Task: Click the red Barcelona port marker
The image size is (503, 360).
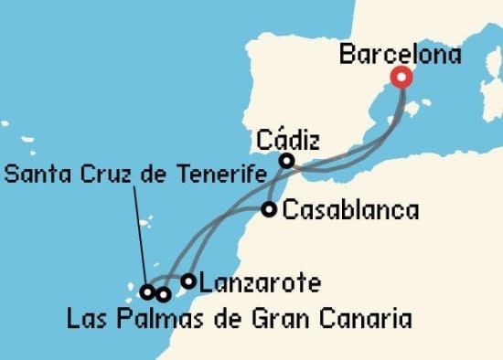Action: pyautogui.click(x=401, y=77)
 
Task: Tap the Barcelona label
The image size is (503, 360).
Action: pyautogui.click(x=400, y=54)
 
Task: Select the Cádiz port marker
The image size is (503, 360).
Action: pyautogui.click(x=286, y=161)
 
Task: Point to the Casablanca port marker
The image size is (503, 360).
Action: pyautogui.click(x=269, y=209)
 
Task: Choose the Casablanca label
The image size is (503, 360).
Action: pyautogui.click(x=351, y=210)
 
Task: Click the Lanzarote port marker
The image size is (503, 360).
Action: pyautogui.click(x=188, y=281)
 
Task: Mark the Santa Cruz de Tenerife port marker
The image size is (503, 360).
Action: pyautogui.click(x=146, y=292)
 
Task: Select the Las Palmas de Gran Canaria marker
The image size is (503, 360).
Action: pyautogui.click(x=163, y=294)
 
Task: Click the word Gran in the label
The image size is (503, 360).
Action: pyautogui.click(x=273, y=319)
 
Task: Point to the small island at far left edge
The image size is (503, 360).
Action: pyautogui.click(x=4, y=122)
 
